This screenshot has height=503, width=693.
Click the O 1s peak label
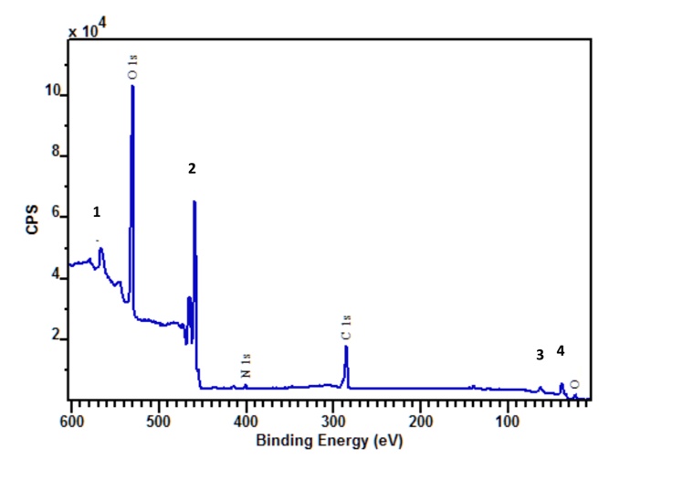pos(133,66)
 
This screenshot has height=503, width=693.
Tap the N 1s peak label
pos(245,367)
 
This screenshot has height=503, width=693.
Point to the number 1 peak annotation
pos(97,211)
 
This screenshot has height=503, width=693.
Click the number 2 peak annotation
pos(192,168)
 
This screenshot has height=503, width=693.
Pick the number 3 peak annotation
pos(540,354)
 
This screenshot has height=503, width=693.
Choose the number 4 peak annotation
pos(561,349)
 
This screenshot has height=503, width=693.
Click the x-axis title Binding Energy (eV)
pos(329,440)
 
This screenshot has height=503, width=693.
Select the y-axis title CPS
pos(33,220)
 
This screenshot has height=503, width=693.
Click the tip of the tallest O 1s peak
pos(133,86)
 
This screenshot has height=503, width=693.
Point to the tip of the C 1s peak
pos(346,347)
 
